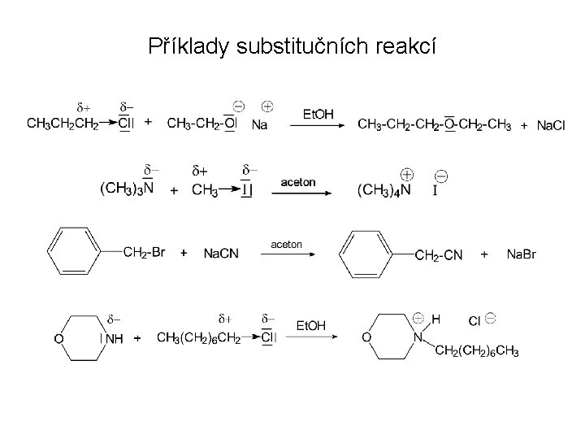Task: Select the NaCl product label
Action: tap(552, 124)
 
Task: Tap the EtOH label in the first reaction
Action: tap(318, 114)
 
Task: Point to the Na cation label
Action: tap(261, 124)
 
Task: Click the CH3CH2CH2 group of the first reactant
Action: tap(63, 124)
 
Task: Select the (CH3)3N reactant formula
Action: tap(127, 190)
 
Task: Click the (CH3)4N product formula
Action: tap(384, 190)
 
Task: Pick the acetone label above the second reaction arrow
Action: tap(298, 182)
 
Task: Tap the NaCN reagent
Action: tap(221, 254)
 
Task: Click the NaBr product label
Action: tap(522, 254)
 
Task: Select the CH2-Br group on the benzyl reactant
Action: tap(145, 253)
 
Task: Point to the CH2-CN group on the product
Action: tap(439, 254)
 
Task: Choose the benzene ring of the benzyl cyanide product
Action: tap(366, 254)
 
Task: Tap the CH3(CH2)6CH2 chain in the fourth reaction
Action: tap(198, 337)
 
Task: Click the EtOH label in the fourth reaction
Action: tap(310, 326)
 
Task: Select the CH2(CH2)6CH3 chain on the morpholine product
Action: tap(477, 350)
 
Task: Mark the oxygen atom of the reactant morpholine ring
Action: tap(59, 338)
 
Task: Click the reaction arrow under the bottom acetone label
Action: tap(288, 254)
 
